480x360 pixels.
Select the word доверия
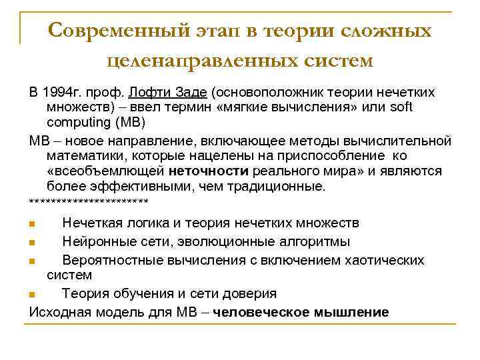click(x=251, y=293)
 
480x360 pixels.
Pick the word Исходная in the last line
click(x=59, y=311)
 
